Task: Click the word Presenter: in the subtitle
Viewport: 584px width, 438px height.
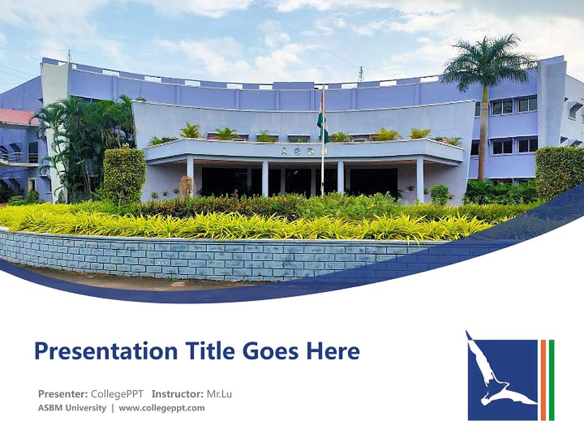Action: pyautogui.click(x=63, y=394)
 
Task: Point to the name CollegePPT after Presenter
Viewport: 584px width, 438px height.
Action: pyautogui.click(x=117, y=394)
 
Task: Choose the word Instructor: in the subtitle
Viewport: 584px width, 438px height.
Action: pyautogui.click(x=177, y=394)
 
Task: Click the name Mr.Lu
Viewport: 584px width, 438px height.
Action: pyautogui.click(x=219, y=394)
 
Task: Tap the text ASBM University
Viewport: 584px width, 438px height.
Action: pyautogui.click(x=72, y=408)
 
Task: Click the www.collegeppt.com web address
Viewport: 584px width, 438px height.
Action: pyautogui.click(x=162, y=408)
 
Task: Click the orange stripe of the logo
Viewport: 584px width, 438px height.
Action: pyautogui.click(x=543, y=380)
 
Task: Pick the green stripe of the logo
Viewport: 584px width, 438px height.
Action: pyautogui.click(x=551, y=380)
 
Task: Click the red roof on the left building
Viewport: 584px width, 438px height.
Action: pyautogui.click(x=17, y=116)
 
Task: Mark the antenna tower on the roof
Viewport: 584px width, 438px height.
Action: pyautogui.click(x=361, y=74)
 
